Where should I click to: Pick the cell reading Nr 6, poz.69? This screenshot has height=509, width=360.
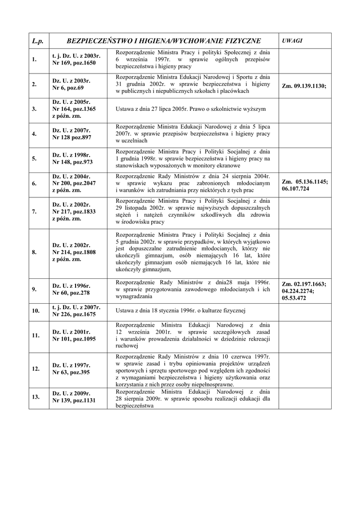point(68,87)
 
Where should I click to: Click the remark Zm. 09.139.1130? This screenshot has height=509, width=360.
point(304,85)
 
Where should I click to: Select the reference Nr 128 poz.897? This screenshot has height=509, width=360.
point(72,137)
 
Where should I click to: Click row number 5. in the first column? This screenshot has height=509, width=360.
point(34,159)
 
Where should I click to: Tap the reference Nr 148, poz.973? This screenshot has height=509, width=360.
point(73,162)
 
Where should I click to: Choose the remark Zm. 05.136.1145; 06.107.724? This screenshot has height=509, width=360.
point(304,185)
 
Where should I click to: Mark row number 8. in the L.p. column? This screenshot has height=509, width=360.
point(34,252)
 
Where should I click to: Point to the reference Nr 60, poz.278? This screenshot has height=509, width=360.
point(71,293)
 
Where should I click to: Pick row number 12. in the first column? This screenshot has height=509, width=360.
point(36,369)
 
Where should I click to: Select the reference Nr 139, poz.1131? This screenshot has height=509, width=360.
point(74,400)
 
